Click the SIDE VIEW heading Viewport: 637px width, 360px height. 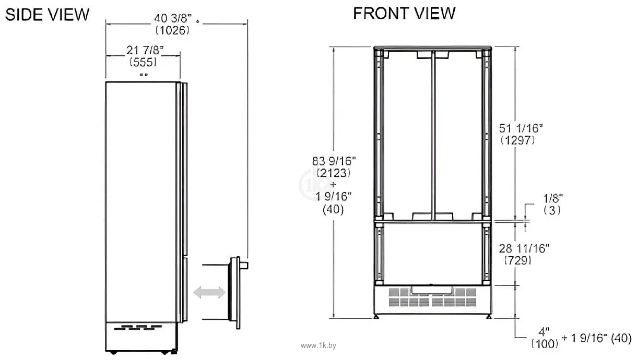point(47,14)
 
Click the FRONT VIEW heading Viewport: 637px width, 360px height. point(404,13)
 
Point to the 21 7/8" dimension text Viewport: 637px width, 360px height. point(145,50)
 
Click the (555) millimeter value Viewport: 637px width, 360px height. point(143,62)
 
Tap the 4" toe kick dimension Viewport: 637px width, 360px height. point(545,331)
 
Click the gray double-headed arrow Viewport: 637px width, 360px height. point(209,293)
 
